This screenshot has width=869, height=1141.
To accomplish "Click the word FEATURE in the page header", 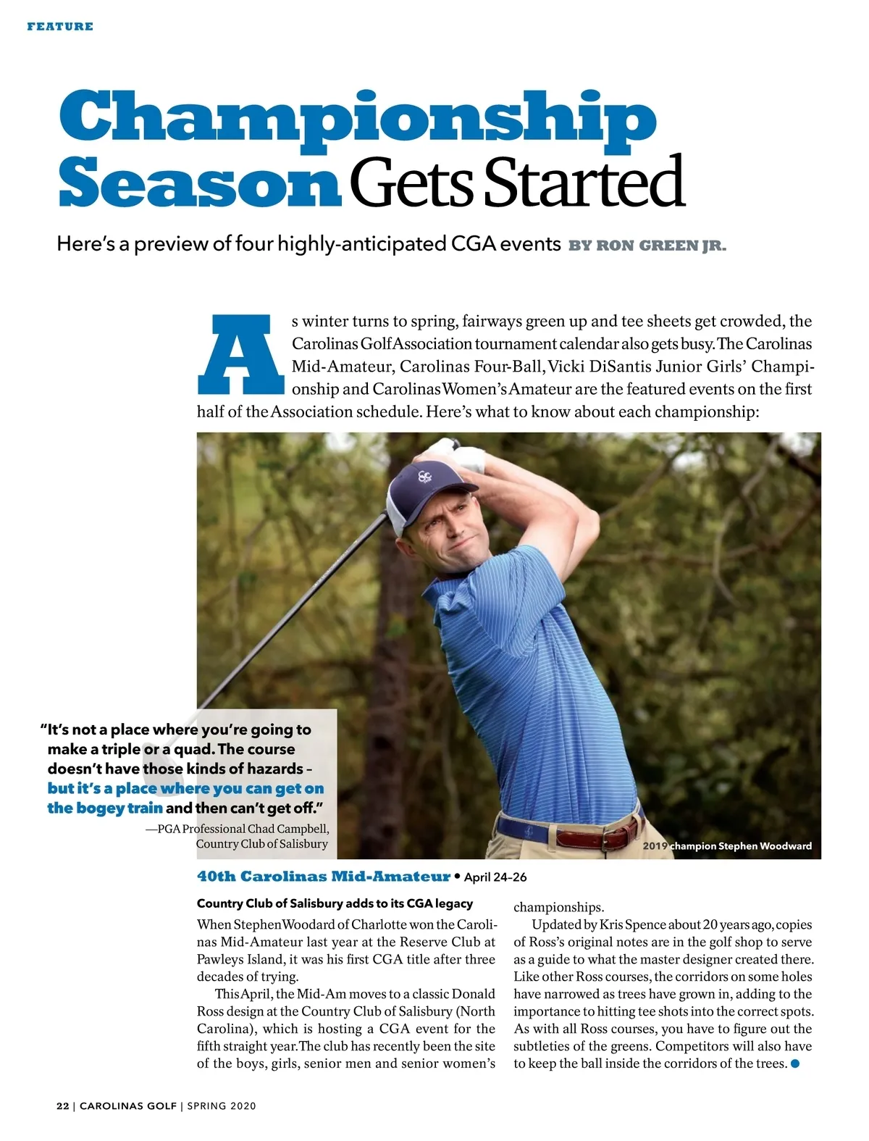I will [60, 27].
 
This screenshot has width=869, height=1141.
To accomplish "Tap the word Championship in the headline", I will [358, 116].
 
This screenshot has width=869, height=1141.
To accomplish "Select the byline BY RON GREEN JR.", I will [647, 245].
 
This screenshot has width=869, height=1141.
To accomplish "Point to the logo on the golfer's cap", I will [425, 478].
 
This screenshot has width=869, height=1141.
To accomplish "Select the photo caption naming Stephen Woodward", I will [727, 845].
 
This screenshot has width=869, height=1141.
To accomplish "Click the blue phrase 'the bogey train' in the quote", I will [105, 808].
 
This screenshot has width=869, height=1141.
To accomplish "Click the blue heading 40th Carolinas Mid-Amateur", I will [323, 877].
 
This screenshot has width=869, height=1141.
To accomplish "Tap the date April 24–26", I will [495, 877].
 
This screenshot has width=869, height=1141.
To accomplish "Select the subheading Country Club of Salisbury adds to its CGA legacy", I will [335, 903].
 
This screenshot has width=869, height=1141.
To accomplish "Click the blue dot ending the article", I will [795, 1063].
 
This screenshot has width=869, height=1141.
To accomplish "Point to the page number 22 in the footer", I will [63, 1106].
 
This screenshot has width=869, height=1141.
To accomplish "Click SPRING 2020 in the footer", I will [222, 1106].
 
